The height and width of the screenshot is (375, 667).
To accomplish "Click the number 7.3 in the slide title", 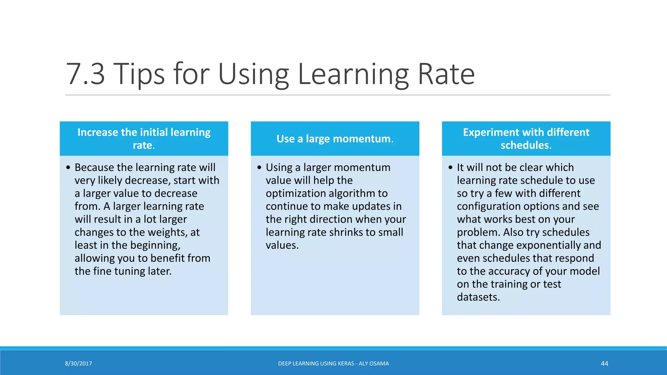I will [x=85, y=74].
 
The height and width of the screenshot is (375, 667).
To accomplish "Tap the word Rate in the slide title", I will [x=446, y=74].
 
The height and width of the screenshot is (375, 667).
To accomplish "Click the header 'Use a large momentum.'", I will [x=335, y=139].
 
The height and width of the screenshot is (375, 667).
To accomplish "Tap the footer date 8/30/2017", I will [x=78, y=364].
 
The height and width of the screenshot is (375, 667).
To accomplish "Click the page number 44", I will [x=604, y=364].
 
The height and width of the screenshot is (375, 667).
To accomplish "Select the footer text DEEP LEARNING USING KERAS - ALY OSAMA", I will [x=333, y=364].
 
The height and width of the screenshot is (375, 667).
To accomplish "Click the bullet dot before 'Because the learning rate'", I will [x=68, y=168].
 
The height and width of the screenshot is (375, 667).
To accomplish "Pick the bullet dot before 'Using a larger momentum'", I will [x=259, y=168].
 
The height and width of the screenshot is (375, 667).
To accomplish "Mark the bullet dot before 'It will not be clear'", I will [x=450, y=168].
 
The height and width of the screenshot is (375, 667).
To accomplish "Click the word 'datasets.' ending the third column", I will [x=478, y=297].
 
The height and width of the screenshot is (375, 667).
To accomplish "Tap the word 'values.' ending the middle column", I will [x=282, y=245].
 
